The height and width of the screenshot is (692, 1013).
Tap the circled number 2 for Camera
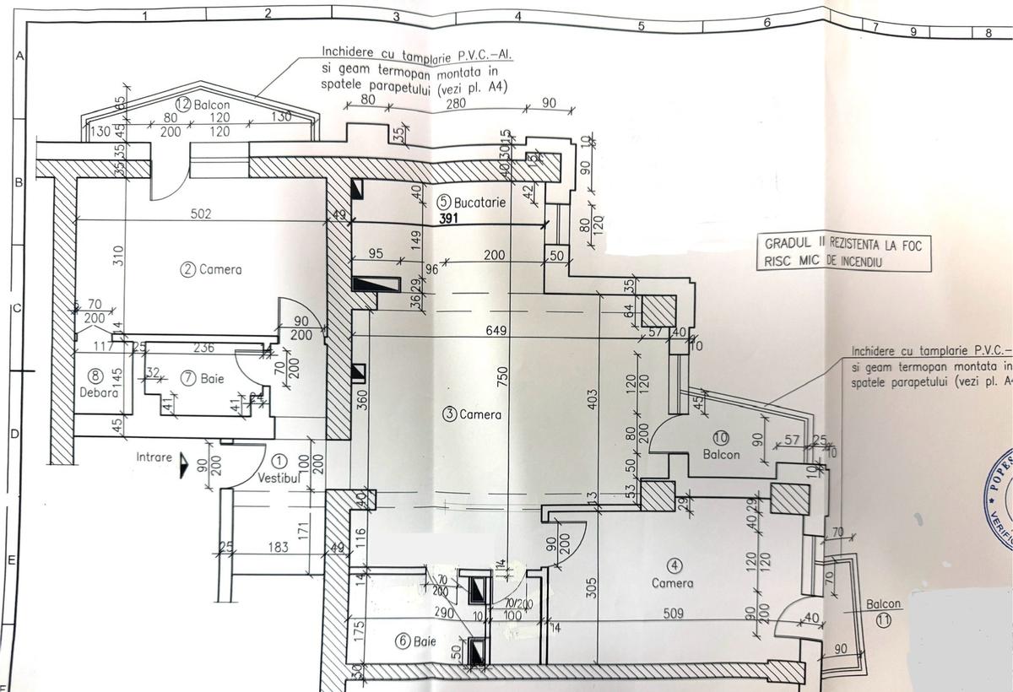(x=188, y=270)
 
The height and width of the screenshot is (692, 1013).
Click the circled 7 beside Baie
(x=187, y=379)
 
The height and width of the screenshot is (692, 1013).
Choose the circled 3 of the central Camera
(x=450, y=414)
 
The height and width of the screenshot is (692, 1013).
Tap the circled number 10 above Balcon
(x=720, y=438)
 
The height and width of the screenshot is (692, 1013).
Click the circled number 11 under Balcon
(x=884, y=619)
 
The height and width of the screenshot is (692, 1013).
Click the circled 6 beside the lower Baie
(x=404, y=641)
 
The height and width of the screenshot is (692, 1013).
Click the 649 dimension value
(x=497, y=331)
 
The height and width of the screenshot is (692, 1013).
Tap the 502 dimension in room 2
(x=200, y=214)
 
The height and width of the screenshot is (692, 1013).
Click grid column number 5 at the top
(x=641, y=26)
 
